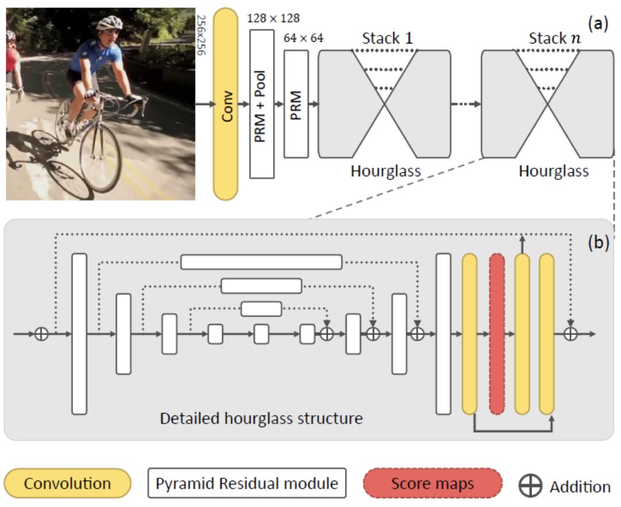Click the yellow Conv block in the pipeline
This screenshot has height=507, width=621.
(x=225, y=105)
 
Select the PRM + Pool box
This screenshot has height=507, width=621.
(x=262, y=105)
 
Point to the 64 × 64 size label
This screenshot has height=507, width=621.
(x=304, y=39)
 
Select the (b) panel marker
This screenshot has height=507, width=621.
(x=597, y=242)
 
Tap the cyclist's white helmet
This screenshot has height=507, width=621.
(x=110, y=22)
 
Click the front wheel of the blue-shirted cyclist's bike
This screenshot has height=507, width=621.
(x=100, y=159)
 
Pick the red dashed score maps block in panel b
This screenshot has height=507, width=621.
(x=497, y=333)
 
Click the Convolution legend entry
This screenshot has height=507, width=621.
(x=68, y=483)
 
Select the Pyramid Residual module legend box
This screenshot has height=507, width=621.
(x=247, y=483)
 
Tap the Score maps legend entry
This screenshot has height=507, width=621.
(x=433, y=483)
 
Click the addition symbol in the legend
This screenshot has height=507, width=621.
(x=530, y=486)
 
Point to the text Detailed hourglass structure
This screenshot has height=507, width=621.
(x=261, y=418)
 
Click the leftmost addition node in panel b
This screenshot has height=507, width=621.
(x=41, y=333)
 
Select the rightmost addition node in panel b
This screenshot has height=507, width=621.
(x=570, y=333)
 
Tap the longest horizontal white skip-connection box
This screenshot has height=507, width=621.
(x=261, y=262)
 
